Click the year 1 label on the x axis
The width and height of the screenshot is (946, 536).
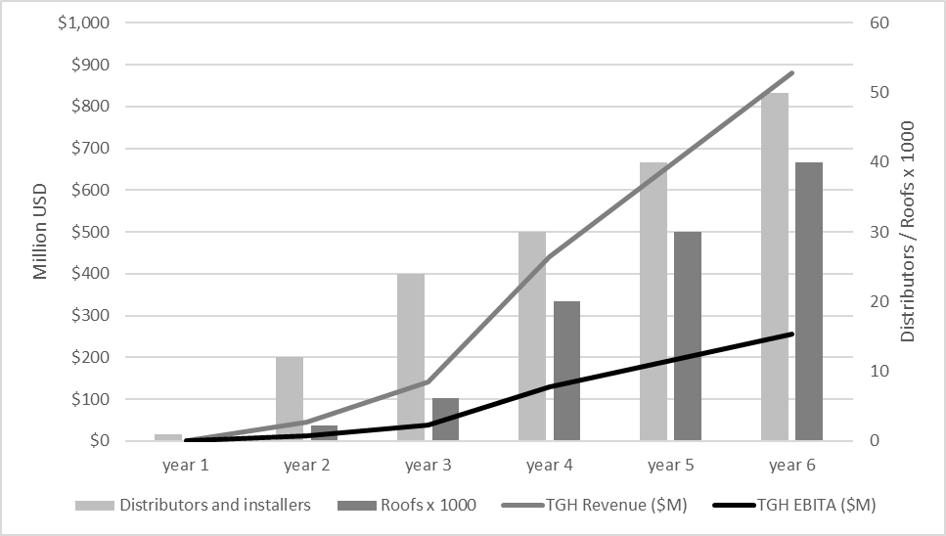click(x=184, y=465)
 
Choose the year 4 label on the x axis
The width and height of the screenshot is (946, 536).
click(x=548, y=465)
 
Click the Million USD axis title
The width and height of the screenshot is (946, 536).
click(x=41, y=232)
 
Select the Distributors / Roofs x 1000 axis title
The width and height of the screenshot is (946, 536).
click(x=907, y=232)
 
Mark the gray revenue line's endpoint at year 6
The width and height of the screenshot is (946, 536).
click(x=791, y=73)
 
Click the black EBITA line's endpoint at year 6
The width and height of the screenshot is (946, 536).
click(x=791, y=335)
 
